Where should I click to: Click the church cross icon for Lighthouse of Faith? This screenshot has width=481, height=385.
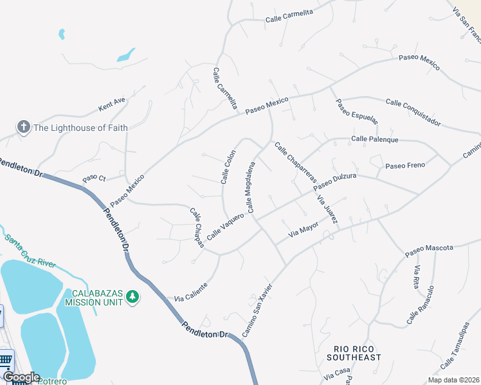pyautogui.click(x=23, y=127)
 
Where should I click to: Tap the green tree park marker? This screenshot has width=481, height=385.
pyautogui.click(x=132, y=296)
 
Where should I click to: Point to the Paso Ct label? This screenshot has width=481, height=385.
pyautogui.click(x=93, y=177)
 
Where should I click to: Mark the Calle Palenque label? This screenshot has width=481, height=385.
pyautogui.click(x=375, y=139)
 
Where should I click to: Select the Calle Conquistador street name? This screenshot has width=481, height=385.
pyautogui.click(x=413, y=112)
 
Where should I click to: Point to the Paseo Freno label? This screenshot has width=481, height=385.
pyautogui.click(x=405, y=166)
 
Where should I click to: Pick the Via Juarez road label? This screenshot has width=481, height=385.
pyautogui.click(x=328, y=209)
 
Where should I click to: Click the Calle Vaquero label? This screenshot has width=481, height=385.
pyautogui.click(x=225, y=227)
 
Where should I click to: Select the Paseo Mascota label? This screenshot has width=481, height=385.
pyautogui.click(x=429, y=251)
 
